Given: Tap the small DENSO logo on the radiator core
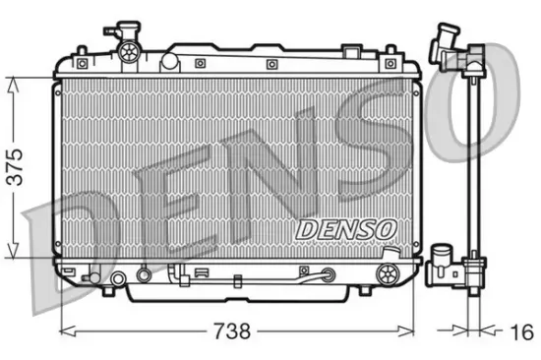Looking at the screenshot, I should (x=345, y=229).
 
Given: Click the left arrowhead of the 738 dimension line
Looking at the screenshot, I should (x=66, y=326).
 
